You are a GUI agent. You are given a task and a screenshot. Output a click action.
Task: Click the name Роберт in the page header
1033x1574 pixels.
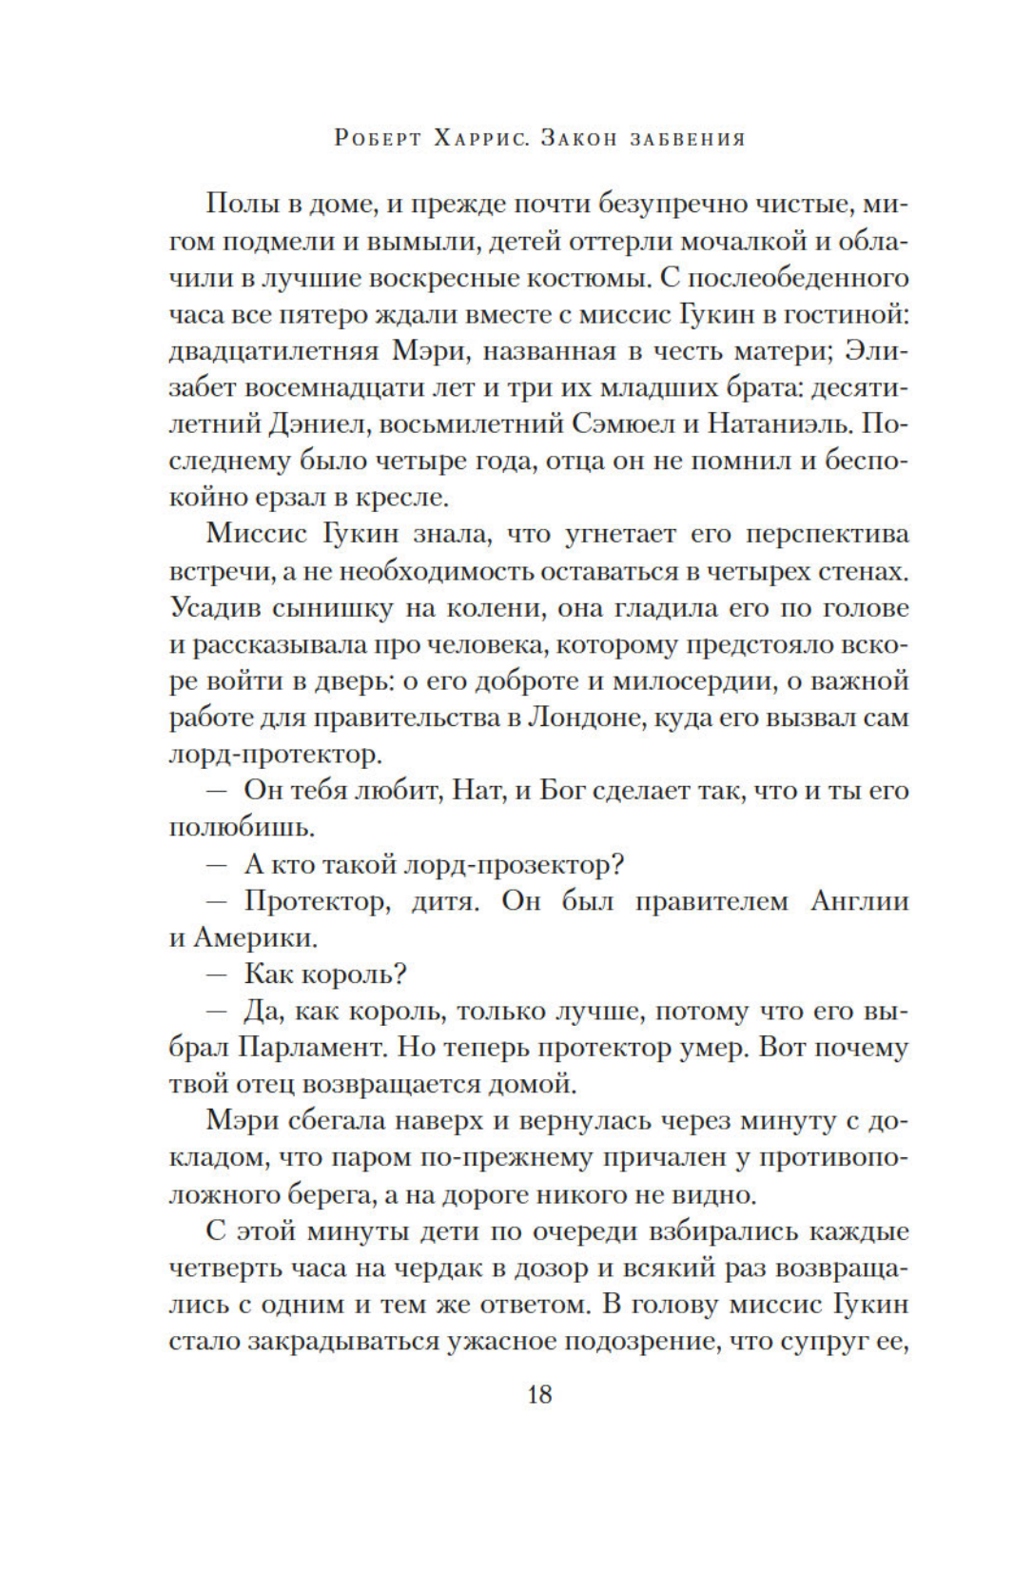coord(378,139)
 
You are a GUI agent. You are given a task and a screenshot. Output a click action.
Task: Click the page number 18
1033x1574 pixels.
coord(538,1394)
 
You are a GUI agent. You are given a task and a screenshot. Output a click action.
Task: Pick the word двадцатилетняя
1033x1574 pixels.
coord(271,351)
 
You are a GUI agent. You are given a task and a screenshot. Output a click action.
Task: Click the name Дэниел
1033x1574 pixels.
coord(317,424)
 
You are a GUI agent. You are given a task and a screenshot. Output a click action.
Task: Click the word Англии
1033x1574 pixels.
coord(860,901)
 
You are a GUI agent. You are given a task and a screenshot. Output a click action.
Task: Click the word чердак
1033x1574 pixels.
coord(453,1268)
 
